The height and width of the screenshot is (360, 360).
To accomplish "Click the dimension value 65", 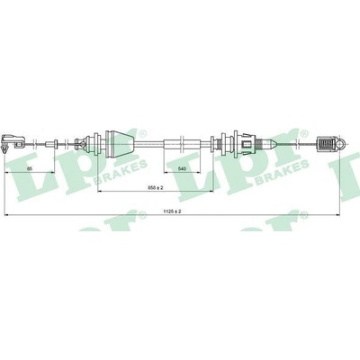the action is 29,169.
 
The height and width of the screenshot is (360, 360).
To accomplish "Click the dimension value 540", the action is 182,169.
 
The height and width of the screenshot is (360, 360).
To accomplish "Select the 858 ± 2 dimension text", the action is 156,188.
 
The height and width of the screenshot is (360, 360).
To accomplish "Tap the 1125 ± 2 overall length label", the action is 172,211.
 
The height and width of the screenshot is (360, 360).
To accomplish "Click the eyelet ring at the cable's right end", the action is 341,145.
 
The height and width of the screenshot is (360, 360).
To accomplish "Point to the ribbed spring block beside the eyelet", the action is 327,145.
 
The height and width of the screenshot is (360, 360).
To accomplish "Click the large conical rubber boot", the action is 120,144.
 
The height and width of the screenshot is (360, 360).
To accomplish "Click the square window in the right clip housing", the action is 247,145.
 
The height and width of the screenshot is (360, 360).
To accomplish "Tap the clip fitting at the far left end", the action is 13,143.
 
